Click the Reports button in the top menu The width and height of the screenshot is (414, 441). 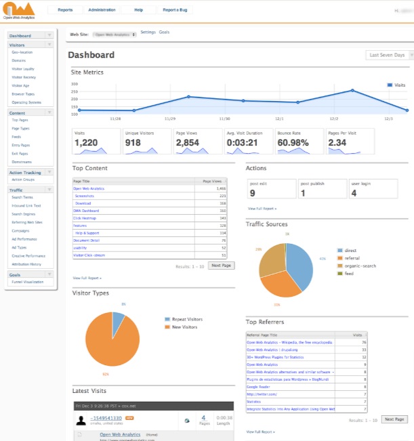click(x=65, y=11)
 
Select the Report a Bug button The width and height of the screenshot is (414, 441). click(x=177, y=11)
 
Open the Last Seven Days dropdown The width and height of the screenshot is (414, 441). click(x=387, y=55)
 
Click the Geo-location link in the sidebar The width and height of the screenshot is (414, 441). click(x=22, y=52)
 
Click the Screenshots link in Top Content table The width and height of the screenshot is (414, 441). click(x=85, y=196)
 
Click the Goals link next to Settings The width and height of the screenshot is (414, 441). click(x=165, y=33)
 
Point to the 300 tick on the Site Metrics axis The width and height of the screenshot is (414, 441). click(x=74, y=85)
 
